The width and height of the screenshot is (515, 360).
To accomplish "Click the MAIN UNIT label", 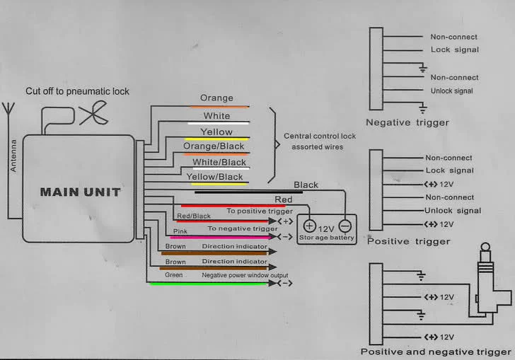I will pyautogui.click(x=80, y=192).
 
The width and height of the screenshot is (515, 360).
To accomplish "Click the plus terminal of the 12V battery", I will pyautogui.click(x=309, y=226).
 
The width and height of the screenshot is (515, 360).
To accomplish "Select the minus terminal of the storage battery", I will pyautogui.click(x=344, y=226).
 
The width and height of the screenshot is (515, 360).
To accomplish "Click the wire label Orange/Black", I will pyautogui.click(x=214, y=146).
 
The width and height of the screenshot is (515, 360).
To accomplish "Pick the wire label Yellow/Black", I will pyautogui.click(x=214, y=177).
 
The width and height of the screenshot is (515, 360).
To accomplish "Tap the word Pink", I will pyautogui.click(x=180, y=231).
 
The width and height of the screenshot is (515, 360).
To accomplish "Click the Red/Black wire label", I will pyautogui.click(x=194, y=216).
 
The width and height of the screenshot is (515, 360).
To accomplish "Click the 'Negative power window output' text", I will pyautogui.click(x=245, y=275).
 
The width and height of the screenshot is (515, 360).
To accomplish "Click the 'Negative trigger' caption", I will pyautogui.click(x=407, y=123).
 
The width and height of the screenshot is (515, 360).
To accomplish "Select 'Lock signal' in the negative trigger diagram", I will pyautogui.click(x=455, y=50).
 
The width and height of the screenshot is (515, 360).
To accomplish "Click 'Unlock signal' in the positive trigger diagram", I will pyautogui.click(x=453, y=211).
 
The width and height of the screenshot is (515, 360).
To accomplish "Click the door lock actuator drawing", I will pyautogui.click(x=488, y=283).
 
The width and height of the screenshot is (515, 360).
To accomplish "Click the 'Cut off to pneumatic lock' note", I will pyautogui.click(x=78, y=91).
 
